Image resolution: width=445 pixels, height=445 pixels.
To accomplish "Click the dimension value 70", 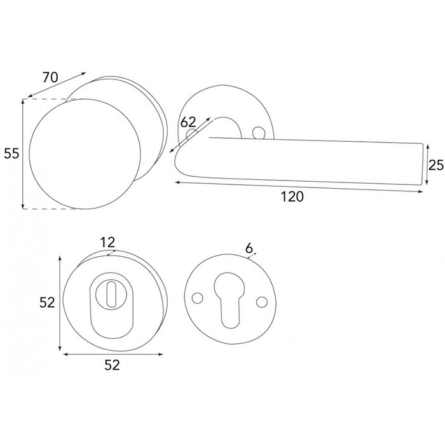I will coord(50,78).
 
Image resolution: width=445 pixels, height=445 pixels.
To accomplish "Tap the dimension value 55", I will coord(11,153).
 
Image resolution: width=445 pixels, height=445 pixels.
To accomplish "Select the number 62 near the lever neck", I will coord(188,122).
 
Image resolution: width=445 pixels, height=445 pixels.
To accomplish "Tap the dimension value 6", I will coord(249,247).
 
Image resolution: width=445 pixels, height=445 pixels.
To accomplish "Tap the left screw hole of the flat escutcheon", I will coord(198,298).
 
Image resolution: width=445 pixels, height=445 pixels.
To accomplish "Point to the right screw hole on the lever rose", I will coord(258,132).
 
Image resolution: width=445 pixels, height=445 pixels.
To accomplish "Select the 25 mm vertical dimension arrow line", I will coord(425,165).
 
